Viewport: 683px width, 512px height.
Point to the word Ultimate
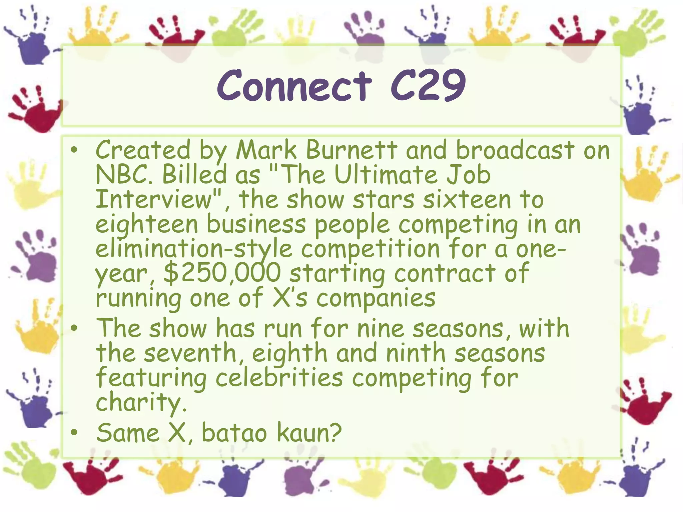[386, 175]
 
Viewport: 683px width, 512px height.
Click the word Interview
[154, 199]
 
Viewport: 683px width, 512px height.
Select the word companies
[376, 298]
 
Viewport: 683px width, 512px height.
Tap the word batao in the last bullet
[234, 433]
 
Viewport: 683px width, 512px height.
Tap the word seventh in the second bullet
[190, 353]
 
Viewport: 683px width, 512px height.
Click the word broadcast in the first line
[515, 150]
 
